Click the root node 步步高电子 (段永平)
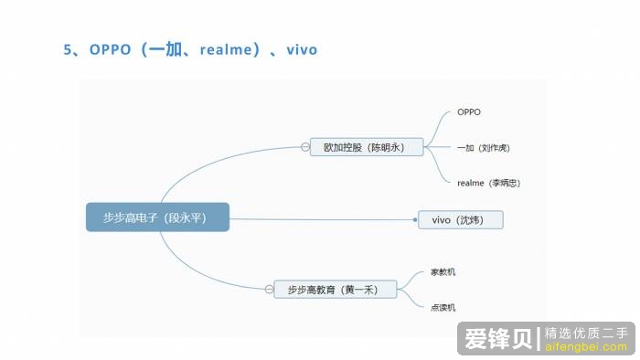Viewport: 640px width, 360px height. coord(157,217)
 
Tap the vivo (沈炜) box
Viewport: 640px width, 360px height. coord(460,220)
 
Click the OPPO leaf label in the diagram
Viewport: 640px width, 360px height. coord(469,112)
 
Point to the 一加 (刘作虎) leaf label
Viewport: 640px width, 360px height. coord(483,147)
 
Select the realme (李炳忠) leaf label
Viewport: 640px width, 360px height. coord(489,183)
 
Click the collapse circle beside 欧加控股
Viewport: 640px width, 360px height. coord(304,146)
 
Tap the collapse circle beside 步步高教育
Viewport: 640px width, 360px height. coord(268,290)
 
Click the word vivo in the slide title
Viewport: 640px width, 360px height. coord(302,49)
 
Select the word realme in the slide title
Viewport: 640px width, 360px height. coord(225,49)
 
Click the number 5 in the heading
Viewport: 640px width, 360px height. coord(68,49)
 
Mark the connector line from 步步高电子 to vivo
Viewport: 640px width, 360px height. coord(320,218)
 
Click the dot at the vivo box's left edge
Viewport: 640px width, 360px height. coord(415,219)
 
